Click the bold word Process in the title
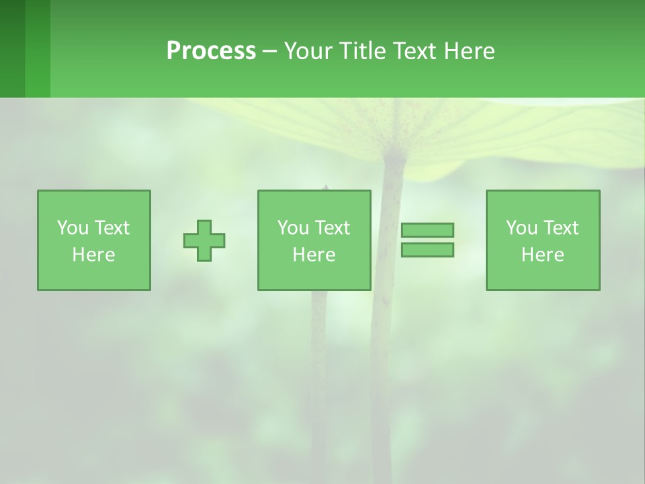[x=211, y=51]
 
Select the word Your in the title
[x=310, y=51]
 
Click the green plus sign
[x=204, y=241]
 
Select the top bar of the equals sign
[x=427, y=230]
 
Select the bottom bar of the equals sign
[x=427, y=250]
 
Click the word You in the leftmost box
[x=73, y=228]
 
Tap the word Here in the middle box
[x=314, y=255]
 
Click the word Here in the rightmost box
[x=543, y=255]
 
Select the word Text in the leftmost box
[x=112, y=228]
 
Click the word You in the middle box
[x=293, y=228]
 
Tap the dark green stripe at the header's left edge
[x=12, y=48]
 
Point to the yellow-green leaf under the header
[x=511, y=134]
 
